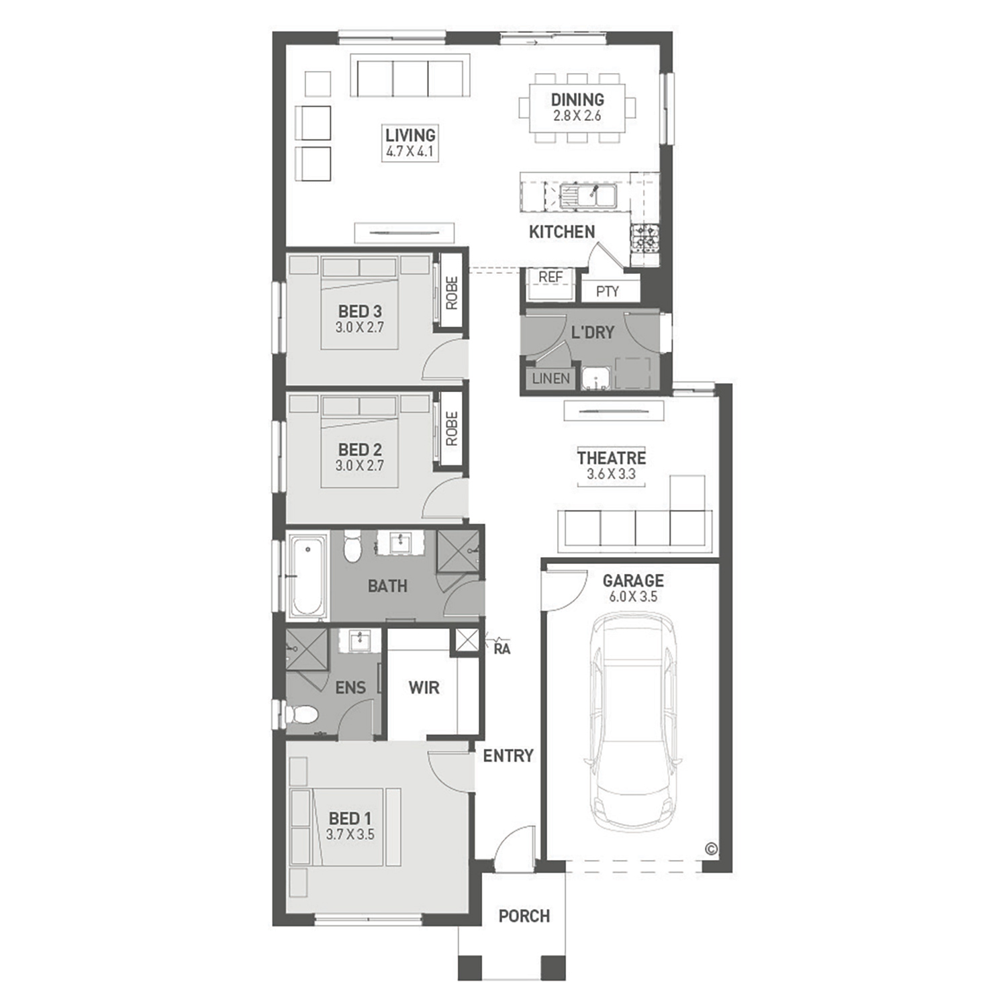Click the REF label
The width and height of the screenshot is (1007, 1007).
click(550, 277)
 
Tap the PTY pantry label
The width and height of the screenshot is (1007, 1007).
click(608, 291)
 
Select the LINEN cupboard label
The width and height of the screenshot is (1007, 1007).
click(550, 379)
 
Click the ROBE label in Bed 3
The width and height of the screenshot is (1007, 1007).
click(451, 293)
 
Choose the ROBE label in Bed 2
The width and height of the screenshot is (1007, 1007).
click(451, 428)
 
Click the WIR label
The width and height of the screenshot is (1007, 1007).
click(424, 687)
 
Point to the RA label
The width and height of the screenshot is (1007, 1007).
click(501, 649)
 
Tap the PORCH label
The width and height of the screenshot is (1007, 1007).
click(524, 916)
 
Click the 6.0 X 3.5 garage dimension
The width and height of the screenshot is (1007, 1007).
click(633, 597)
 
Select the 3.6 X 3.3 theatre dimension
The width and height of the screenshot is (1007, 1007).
click(611, 474)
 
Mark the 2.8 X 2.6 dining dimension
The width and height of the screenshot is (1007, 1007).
click(577, 115)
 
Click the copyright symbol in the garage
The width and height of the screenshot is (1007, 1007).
click(712, 849)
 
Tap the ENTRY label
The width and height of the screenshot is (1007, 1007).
click(508, 756)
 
